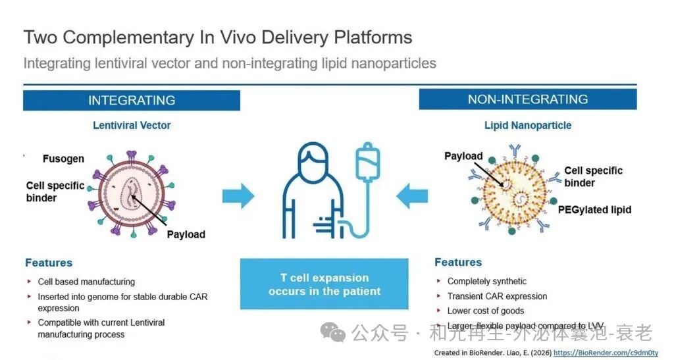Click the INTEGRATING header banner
coord(132,101)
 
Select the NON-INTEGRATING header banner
coord(528,99)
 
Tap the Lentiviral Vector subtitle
coord(132,125)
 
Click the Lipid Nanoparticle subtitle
coord(528,125)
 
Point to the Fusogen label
coord(63,159)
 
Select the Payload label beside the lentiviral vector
coord(186,234)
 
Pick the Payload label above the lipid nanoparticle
coord(463,156)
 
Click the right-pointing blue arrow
coord(238,195)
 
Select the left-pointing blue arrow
coord(411,195)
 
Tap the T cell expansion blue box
coord(324,284)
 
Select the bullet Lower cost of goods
coord(486,311)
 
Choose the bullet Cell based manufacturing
coord(86,282)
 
